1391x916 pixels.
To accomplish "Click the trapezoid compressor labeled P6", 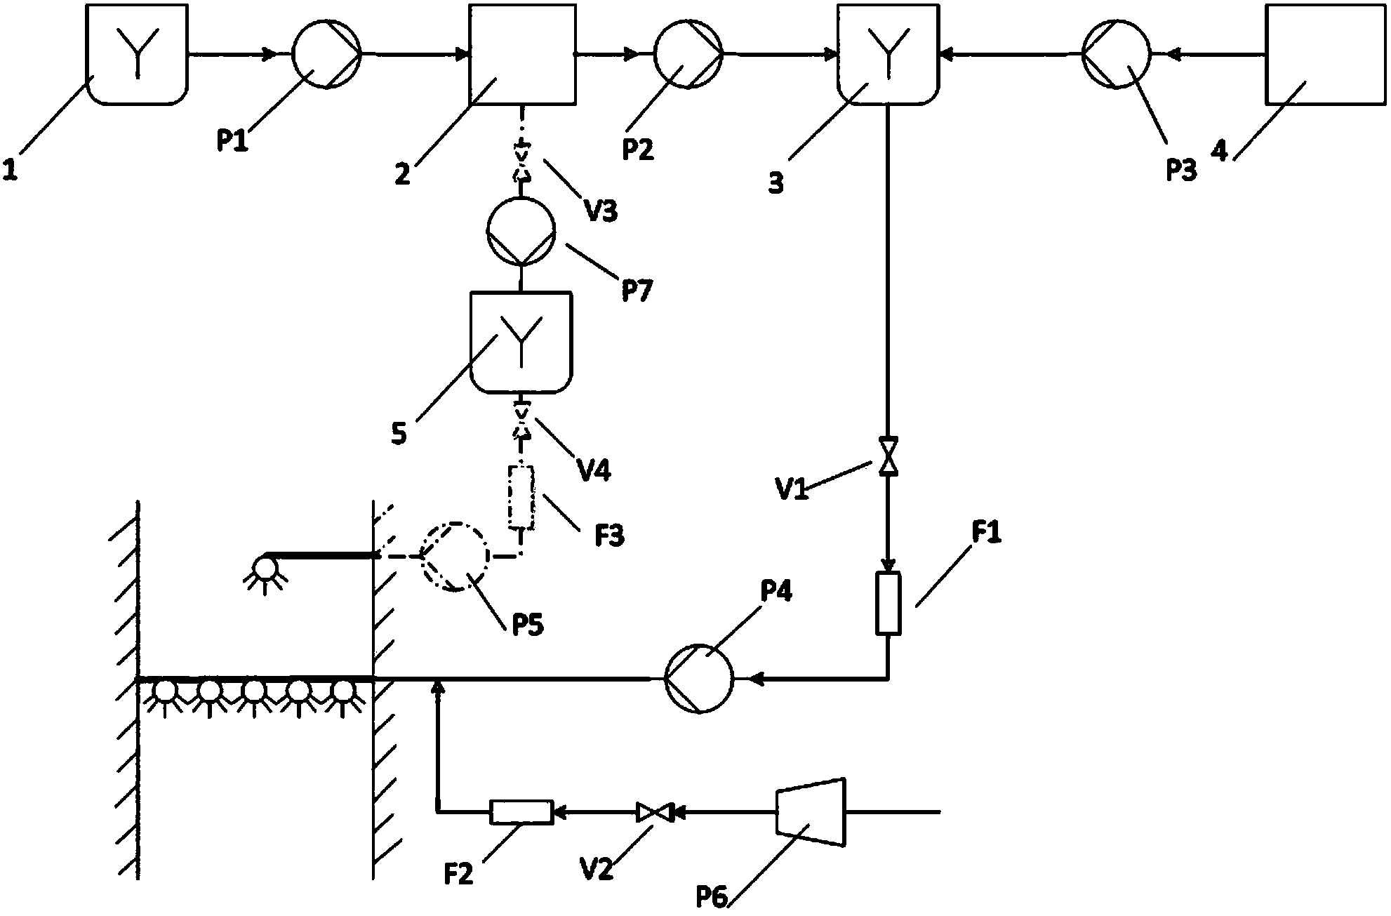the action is [811, 813].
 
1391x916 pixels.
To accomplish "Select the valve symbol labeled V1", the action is [888, 456].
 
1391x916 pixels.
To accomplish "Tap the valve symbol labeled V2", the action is [654, 813].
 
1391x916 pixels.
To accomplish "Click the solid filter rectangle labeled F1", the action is [888, 603].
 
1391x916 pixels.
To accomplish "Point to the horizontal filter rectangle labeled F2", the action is [521, 812].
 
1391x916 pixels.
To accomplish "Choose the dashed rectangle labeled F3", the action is [521, 498].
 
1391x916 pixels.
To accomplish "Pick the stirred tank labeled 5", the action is [521, 342].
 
